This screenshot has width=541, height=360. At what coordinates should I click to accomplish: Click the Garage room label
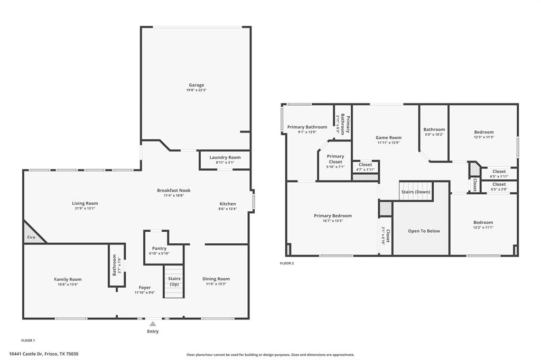point(197,85)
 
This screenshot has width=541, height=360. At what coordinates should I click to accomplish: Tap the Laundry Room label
point(225,157)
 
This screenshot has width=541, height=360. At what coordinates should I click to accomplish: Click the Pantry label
point(159,248)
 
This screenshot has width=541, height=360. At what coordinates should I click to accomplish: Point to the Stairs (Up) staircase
point(174,281)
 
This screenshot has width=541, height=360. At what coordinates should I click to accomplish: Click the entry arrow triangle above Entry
point(153,324)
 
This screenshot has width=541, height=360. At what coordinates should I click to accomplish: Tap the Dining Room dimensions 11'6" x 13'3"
point(216,285)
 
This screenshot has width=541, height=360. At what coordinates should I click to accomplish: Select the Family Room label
point(68,279)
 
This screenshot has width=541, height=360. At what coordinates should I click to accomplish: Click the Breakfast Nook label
point(174,190)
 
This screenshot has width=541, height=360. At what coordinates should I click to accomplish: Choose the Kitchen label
point(228,204)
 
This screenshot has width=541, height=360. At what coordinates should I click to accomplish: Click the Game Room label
point(388,137)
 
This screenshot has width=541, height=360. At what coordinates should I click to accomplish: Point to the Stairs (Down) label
point(416,192)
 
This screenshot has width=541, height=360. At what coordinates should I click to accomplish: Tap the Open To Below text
point(423,231)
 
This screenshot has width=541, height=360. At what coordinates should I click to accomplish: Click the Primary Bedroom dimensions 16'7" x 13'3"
point(332,221)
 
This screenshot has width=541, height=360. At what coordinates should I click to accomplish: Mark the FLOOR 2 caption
point(286,263)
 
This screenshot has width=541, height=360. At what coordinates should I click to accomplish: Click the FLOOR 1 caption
point(28,340)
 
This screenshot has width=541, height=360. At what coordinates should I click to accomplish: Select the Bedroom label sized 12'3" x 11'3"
point(483,132)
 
